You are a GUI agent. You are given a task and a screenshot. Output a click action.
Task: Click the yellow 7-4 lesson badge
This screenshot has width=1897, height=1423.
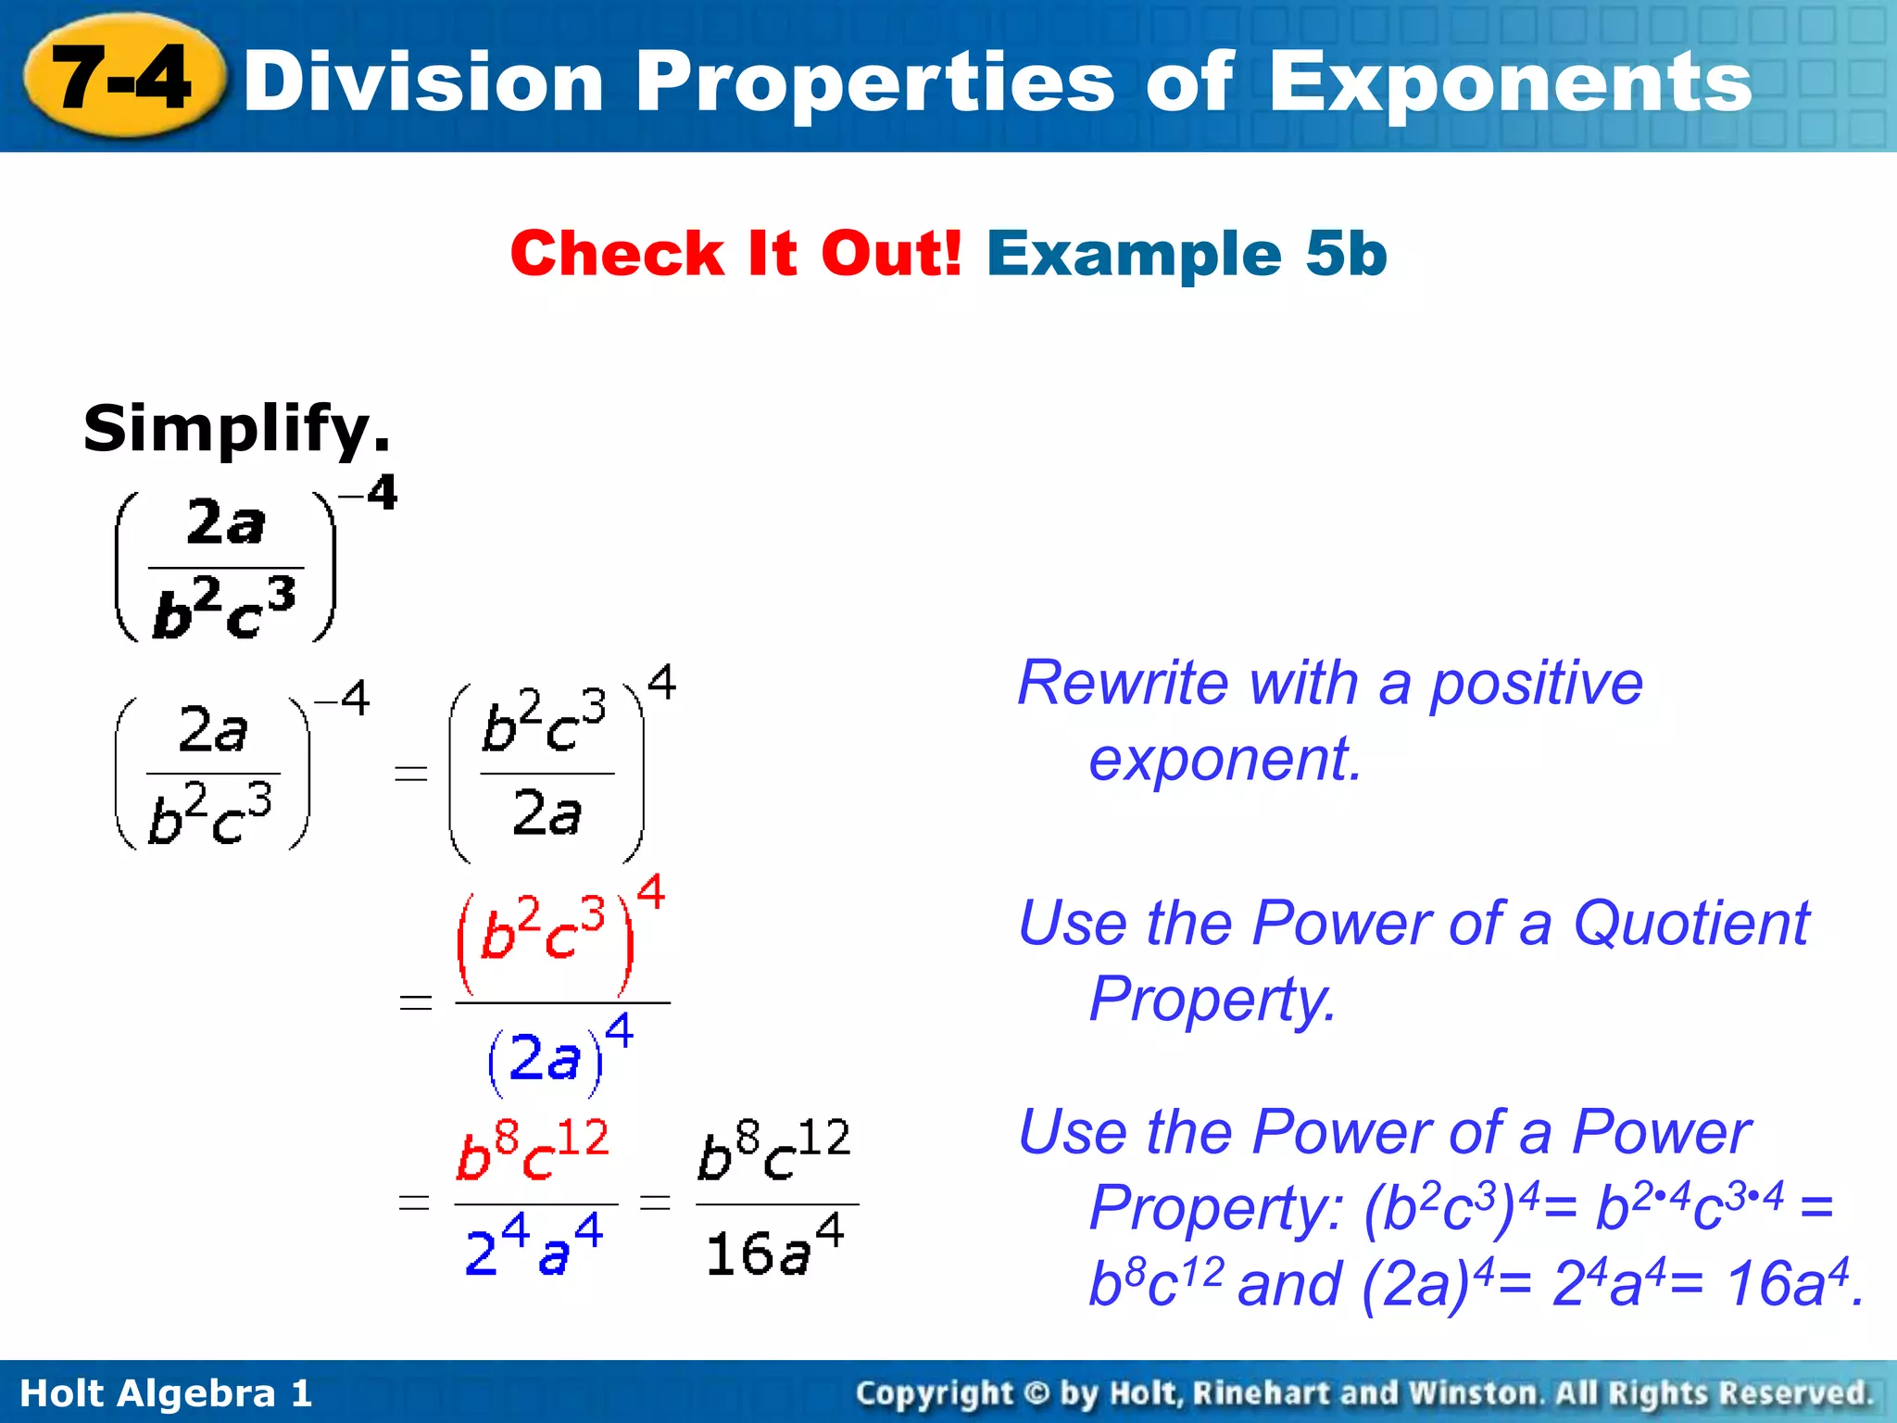coord(123,78)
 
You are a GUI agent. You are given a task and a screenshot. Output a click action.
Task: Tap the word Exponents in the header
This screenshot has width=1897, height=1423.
coord(1510,83)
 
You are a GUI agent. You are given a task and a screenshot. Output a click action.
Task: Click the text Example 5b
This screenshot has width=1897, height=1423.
coord(1187,253)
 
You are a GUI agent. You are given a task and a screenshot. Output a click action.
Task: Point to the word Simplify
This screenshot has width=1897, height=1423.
coord(236,430)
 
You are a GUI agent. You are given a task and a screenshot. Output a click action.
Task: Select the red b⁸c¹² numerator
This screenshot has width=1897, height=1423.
coord(533,1152)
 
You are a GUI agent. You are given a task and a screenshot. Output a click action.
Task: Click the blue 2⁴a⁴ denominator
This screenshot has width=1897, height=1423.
coord(534,1247)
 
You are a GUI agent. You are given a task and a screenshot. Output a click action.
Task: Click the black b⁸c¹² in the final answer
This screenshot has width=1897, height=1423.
coord(774,1152)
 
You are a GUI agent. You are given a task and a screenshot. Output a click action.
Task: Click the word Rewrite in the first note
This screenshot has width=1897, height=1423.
coord(1124,684)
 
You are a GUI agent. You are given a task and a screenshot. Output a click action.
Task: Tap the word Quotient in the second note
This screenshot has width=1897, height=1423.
coord(1690,924)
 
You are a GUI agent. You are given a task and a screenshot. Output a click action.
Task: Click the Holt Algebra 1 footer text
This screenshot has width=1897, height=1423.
coord(166,1393)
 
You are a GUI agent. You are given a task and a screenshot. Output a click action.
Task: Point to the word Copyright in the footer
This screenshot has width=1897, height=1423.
coord(934,1393)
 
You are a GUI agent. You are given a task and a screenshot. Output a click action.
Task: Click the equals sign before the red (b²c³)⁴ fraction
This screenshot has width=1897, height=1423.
coord(415,1002)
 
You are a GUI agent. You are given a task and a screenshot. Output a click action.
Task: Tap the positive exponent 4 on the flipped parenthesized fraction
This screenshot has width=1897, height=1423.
coord(661,683)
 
